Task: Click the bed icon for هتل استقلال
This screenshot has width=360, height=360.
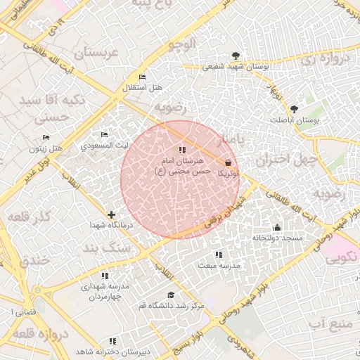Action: pyautogui.click(x=143, y=77)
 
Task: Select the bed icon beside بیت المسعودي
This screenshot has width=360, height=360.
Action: pyautogui.click(x=105, y=134)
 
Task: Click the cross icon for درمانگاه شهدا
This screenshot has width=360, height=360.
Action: pyautogui.click(x=111, y=214)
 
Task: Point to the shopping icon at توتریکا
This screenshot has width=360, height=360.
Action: pyautogui.click(x=227, y=162)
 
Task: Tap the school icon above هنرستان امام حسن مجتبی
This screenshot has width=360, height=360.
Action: pyautogui.click(x=182, y=150)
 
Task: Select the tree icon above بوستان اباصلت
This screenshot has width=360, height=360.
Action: pyautogui.click(x=294, y=109)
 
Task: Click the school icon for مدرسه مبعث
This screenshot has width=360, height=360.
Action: pyautogui.click(x=218, y=254)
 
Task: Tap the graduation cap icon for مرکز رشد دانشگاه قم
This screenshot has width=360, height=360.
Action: pyautogui.click(x=169, y=295)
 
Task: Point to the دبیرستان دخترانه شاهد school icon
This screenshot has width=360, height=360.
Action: pyautogui.click(x=113, y=341)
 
